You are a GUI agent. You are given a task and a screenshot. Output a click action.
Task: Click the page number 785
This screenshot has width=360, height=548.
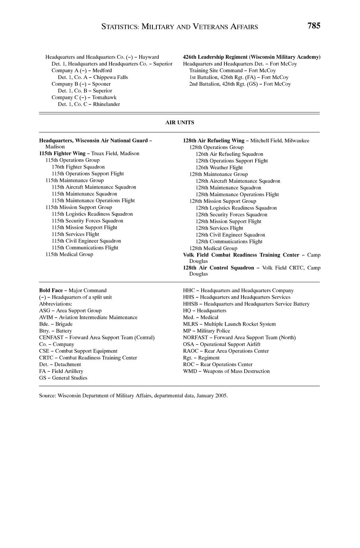[313, 26]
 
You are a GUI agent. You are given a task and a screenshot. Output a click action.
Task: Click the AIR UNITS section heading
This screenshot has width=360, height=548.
[180, 123]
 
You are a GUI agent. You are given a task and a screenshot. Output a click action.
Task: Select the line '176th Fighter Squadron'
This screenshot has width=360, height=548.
[78, 167]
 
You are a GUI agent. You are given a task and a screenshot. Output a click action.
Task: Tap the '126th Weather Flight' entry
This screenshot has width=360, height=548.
[219, 168]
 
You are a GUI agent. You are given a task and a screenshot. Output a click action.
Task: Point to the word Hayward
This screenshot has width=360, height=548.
[149, 57]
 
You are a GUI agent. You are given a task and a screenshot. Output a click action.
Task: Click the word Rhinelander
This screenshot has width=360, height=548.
[106, 104]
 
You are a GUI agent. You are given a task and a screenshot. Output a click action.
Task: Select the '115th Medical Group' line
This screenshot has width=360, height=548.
[69, 255]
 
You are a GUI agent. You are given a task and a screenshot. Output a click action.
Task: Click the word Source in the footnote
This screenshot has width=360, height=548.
[47, 396]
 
